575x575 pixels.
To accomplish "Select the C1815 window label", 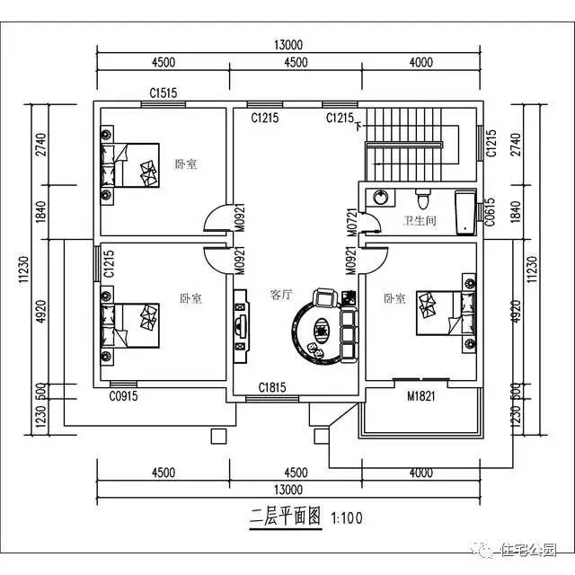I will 273,387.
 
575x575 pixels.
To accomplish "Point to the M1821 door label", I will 421,397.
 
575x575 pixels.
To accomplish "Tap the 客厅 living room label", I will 282,295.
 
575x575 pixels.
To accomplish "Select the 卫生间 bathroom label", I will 419,220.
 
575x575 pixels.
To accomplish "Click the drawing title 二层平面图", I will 287,518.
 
